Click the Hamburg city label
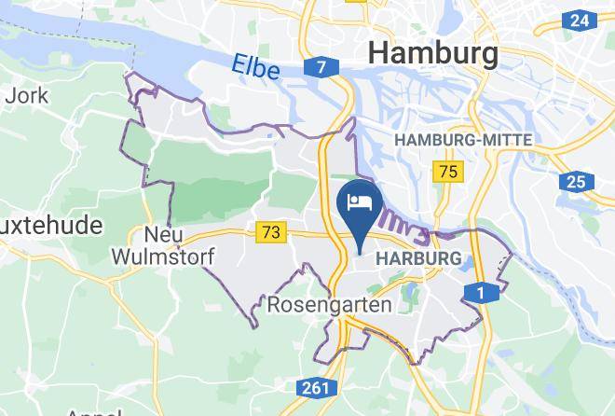(x=433, y=52)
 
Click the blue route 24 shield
(x=579, y=20)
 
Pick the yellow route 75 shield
(x=449, y=171)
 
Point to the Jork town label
(x=20, y=94)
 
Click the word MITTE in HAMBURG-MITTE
(x=509, y=140)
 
